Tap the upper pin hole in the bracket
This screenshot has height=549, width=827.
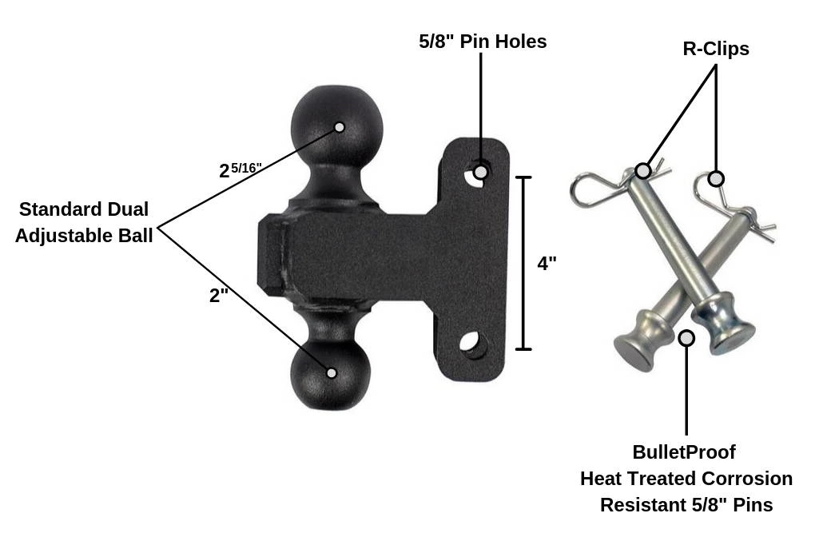[x=479, y=173]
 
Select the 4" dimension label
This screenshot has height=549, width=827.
[x=547, y=264]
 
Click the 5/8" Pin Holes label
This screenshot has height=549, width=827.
[x=483, y=42]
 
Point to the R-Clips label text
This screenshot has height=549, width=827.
[x=715, y=49]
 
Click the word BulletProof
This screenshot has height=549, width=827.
[x=683, y=452]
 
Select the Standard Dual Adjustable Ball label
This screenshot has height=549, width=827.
[x=84, y=223]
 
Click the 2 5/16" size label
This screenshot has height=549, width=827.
[x=240, y=170]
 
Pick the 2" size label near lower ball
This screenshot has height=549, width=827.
[x=218, y=296]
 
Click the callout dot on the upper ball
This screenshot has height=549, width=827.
[x=340, y=127]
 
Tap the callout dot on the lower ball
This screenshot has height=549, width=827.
[x=332, y=373]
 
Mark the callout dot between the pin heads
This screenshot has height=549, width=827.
[x=686, y=338]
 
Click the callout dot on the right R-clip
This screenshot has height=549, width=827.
[x=716, y=178]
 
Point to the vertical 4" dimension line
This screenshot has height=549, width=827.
[x=523, y=264]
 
